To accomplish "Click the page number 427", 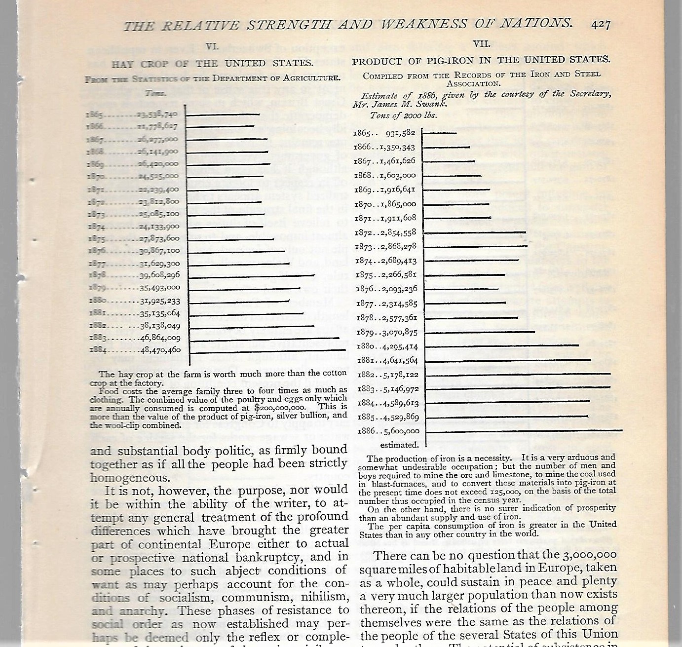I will (600, 24).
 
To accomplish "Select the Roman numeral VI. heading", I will (212, 47).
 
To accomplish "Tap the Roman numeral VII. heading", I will (481, 44).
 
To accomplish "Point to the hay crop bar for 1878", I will (252, 275).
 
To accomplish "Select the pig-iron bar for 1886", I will (524, 431).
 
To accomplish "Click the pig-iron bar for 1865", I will (440, 133).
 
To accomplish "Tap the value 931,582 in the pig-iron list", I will (401, 133).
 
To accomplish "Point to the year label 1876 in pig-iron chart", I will (365, 289).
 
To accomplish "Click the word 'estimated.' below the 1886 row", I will (399, 445).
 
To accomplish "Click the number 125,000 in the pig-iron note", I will (502, 492).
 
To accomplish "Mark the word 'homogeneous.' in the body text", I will (122, 478).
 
